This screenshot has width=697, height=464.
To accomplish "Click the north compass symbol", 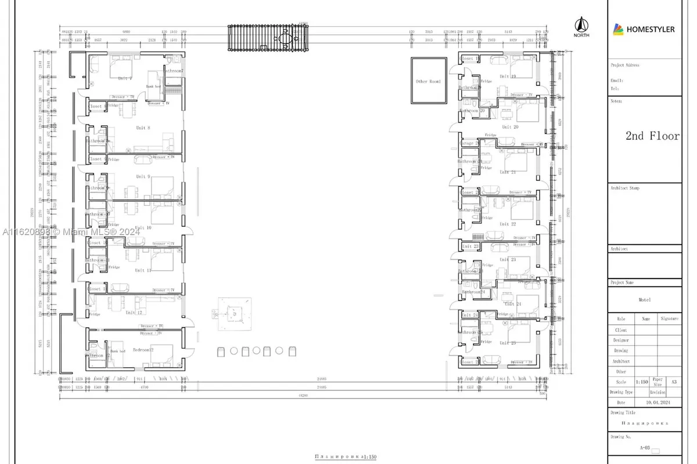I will coord(581,26).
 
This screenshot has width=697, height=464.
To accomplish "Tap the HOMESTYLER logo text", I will coord(650,29).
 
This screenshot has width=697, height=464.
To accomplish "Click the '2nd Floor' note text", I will coord(652,136).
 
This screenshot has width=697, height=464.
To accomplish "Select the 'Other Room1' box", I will coord(428,81).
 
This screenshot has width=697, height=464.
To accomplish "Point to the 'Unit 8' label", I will coord(143,128).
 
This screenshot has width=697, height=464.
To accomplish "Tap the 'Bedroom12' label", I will coord(143,350).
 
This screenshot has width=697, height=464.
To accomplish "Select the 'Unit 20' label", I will coord(509,126).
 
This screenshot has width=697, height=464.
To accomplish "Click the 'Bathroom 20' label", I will coord(469,110).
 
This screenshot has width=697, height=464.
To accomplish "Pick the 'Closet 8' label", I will coord(96,106).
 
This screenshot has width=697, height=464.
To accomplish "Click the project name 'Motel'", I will coord(644,300).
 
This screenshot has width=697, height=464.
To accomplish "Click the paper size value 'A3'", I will coord(673,382).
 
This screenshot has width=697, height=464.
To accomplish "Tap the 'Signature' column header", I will coord(670,319).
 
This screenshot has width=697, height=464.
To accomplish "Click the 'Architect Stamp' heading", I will coord(626,188).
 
